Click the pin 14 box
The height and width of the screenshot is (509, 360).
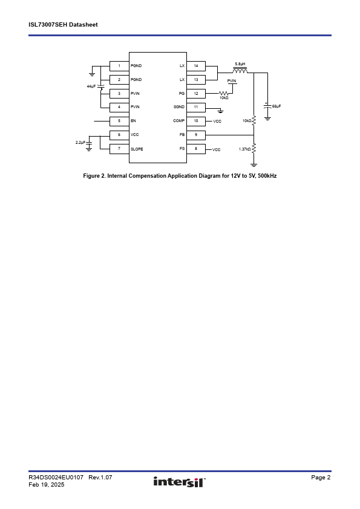coord(196,66)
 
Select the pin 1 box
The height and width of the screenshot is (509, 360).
coord(119,66)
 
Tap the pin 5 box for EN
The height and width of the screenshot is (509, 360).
coord(119,121)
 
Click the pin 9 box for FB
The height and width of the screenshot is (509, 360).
coord(196,135)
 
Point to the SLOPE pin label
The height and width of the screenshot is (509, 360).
coord(137,149)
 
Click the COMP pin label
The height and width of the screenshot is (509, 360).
coord(178,121)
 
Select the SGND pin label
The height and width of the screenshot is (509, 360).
coord(179,107)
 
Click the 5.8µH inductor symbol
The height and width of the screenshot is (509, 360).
coord(240,71)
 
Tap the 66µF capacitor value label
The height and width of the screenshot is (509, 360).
coord(277,106)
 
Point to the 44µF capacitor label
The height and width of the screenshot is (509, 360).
coord(91,86)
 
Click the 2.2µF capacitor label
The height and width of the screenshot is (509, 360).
coord(80,143)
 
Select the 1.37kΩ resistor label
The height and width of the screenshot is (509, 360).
coord(244,149)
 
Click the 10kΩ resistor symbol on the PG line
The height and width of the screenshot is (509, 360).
coord(223,94)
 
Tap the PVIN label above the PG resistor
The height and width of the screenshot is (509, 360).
coord(232,81)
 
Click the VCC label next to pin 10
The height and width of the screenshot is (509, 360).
coord(217,122)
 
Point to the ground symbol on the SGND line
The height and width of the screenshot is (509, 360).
coord(220,111)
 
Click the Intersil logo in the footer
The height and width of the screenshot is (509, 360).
coord(180,482)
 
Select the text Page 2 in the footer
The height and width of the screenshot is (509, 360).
coord(321,477)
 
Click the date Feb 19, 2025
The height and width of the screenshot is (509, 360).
coord(47,485)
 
